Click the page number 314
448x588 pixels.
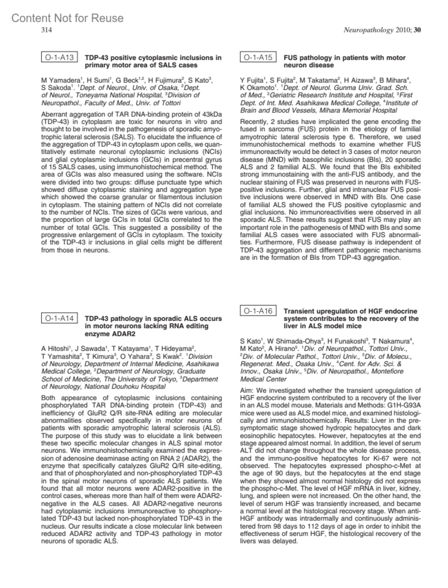click(x=46, y=30)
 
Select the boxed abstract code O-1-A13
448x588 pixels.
click(x=60, y=58)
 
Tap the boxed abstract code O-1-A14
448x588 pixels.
click(x=60, y=318)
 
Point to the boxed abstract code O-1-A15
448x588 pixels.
click(x=258, y=58)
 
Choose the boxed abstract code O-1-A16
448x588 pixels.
click(x=258, y=311)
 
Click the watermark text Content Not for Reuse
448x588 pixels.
click(x=68, y=18)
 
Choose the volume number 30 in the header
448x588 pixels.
click(x=417, y=30)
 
